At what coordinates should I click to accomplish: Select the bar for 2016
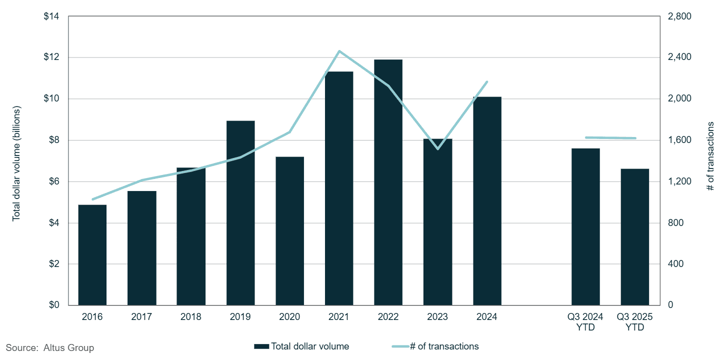pyautogui.click(x=92, y=255)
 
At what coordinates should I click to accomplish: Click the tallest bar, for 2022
pyautogui.click(x=388, y=182)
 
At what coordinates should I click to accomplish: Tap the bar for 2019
pyautogui.click(x=240, y=213)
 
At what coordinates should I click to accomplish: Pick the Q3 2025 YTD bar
pyautogui.click(x=635, y=237)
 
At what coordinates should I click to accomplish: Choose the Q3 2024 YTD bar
pyautogui.click(x=585, y=227)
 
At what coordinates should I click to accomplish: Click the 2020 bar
pyautogui.click(x=289, y=231)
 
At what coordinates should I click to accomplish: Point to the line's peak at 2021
pyautogui.click(x=339, y=51)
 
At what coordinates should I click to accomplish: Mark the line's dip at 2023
pyautogui.click(x=437, y=149)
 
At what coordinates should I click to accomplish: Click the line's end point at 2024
pyautogui.click(x=487, y=81)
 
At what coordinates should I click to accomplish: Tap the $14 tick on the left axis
pyautogui.click(x=52, y=16)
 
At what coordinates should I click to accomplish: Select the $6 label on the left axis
pyautogui.click(x=54, y=181)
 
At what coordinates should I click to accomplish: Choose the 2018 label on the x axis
pyautogui.click(x=191, y=317)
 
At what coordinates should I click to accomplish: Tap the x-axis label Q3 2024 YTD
pyautogui.click(x=585, y=322)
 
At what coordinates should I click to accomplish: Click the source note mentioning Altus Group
pyautogui.click(x=50, y=347)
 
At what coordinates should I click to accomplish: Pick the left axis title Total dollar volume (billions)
pyautogui.click(x=16, y=163)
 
